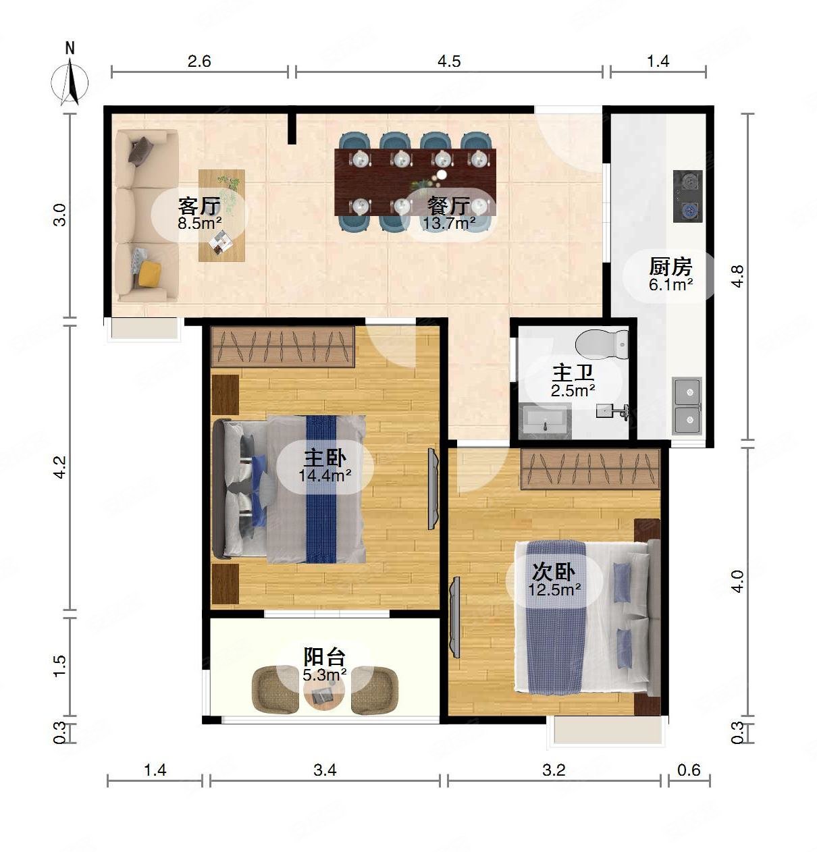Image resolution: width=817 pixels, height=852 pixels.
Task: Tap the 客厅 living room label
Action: (x=199, y=205)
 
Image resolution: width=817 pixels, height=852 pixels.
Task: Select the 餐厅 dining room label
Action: (x=449, y=205)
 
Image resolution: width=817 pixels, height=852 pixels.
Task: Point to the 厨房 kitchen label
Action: (x=670, y=267)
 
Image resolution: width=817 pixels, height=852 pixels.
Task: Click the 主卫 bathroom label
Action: (x=573, y=373)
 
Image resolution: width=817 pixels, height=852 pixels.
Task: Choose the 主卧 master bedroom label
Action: (x=325, y=458)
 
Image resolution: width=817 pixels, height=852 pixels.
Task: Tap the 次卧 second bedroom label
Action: (x=554, y=573)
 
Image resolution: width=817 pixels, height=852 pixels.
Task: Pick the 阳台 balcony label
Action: (x=324, y=657)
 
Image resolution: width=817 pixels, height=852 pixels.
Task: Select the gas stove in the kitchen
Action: (x=688, y=196)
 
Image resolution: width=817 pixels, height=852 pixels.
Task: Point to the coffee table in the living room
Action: (x=221, y=215)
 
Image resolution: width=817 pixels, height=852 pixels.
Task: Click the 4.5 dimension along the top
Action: (x=449, y=61)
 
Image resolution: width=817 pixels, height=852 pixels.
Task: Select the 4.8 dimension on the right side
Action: (x=737, y=276)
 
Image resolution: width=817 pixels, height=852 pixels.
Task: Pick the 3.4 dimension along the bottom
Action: (x=325, y=782)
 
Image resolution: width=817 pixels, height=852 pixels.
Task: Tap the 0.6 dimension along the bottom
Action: (x=689, y=782)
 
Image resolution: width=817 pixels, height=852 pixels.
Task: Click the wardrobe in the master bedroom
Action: (x=283, y=347)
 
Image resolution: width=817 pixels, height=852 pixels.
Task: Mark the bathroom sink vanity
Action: (x=545, y=421)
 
